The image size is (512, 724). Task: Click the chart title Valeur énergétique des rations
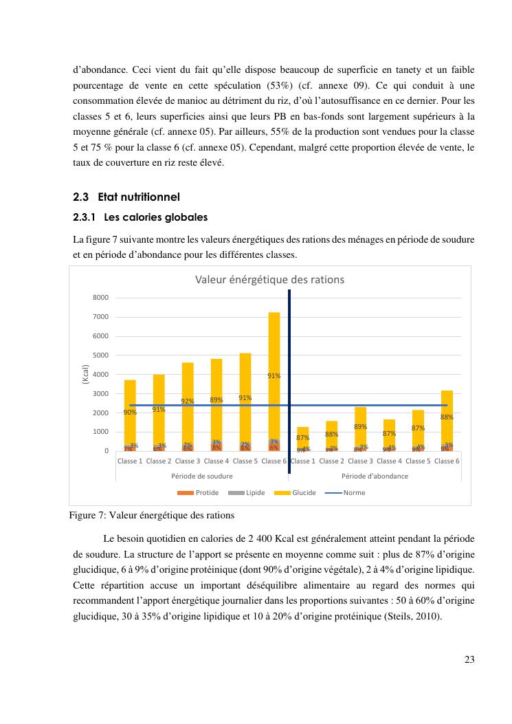pos(269,280)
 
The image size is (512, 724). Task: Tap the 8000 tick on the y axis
pos(100,298)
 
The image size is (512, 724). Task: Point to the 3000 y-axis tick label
pos(100,393)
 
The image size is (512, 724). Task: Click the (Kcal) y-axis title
pos(86,374)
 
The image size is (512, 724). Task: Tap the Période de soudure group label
pos(201,476)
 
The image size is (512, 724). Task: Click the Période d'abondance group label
pos(375,476)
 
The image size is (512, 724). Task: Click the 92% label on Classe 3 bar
pos(187,401)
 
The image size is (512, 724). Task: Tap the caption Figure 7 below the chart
pos(152,515)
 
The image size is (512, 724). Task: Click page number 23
pos(469,659)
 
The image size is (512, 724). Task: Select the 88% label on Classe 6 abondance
pos(447,417)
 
